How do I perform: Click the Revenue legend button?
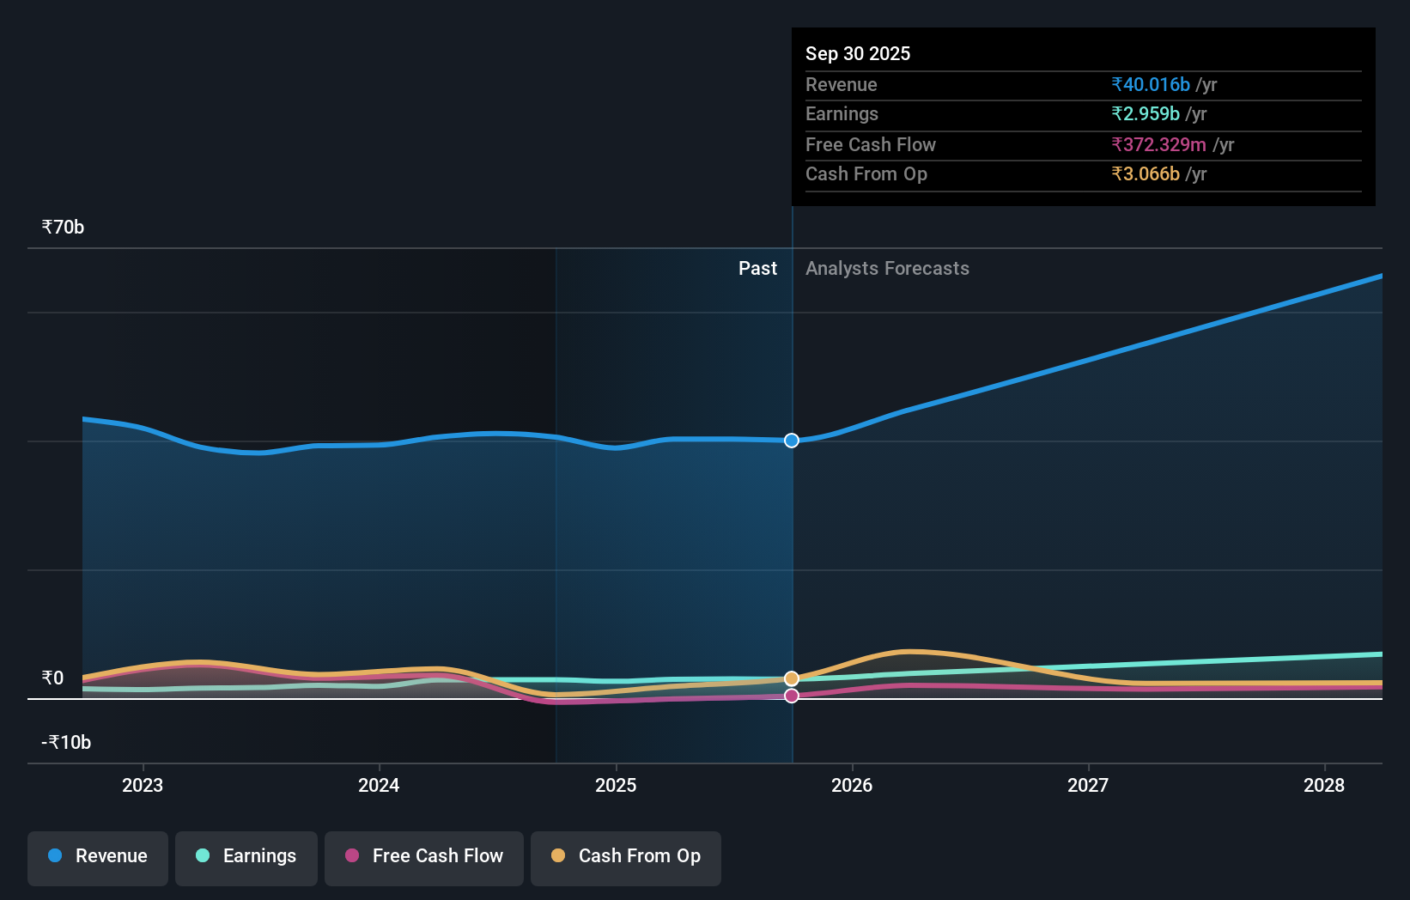(x=98, y=856)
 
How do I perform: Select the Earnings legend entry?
(x=246, y=856)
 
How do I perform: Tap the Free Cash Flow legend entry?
(x=424, y=856)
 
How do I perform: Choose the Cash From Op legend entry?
(x=626, y=856)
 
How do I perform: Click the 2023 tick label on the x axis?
(x=143, y=785)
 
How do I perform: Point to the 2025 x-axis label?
(x=616, y=785)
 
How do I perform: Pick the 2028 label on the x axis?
(x=1324, y=785)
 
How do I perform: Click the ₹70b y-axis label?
(x=63, y=228)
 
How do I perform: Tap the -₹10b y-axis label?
(x=66, y=743)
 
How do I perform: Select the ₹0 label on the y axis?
(x=52, y=678)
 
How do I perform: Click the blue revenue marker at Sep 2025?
(x=792, y=441)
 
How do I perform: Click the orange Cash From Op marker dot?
(x=792, y=678)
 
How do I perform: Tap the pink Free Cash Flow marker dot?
(x=792, y=696)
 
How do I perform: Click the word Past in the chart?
(x=757, y=269)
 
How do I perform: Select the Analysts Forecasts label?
(x=887, y=269)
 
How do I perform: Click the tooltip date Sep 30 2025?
(x=858, y=54)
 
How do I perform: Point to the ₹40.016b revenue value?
(x=1151, y=85)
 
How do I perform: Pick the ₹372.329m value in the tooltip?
(x=1158, y=145)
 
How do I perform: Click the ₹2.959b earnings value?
(x=1146, y=114)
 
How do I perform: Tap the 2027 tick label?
(x=1088, y=785)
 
